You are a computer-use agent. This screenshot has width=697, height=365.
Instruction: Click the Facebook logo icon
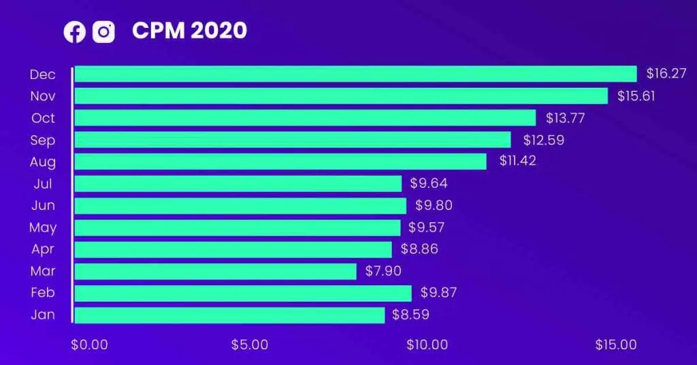click(75, 32)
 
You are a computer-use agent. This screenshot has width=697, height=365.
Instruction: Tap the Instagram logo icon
click(103, 32)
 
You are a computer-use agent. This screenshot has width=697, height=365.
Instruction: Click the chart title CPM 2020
click(189, 31)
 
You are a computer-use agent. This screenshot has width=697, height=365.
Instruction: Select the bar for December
click(355, 74)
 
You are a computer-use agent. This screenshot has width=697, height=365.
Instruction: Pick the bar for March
click(216, 271)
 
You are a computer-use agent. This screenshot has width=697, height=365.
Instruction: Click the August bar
click(280, 161)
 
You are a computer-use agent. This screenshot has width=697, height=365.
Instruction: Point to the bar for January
click(230, 315)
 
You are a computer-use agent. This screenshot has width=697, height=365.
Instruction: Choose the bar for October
click(306, 118)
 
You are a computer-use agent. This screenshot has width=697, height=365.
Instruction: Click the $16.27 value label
click(666, 74)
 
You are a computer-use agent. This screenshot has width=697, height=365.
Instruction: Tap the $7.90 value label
click(383, 271)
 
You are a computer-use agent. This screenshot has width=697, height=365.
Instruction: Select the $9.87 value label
click(439, 293)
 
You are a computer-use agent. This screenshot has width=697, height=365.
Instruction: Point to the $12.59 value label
click(544, 140)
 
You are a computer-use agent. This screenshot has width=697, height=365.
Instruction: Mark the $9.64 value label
click(429, 183)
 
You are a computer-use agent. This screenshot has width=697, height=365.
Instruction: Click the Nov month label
click(43, 96)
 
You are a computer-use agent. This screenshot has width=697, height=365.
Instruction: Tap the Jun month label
click(43, 206)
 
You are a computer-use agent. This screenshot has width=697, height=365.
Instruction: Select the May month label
click(43, 227)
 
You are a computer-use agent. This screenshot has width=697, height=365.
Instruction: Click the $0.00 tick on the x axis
click(89, 345)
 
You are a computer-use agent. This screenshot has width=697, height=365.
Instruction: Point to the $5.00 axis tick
click(249, 345)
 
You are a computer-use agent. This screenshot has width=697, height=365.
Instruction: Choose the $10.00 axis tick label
click(427, 345)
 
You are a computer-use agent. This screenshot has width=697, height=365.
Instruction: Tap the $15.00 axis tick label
click(616, 345)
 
